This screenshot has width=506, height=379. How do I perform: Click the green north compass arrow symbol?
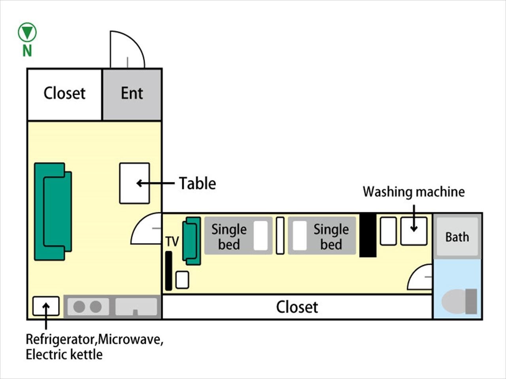click(x=27, y=32)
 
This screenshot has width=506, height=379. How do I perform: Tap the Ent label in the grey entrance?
click(x=132, y=93)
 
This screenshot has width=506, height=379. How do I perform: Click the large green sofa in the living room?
click(x=53, y=212)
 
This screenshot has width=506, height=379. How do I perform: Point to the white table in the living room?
click(x=135, y=183)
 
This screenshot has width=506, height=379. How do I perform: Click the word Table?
click(x=198, y=184)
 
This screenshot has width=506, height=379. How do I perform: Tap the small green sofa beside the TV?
click(x=192, y=241)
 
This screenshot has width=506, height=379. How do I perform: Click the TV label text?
click(x=172, y=242)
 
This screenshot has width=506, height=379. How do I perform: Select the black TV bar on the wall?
click(x=169, y=271)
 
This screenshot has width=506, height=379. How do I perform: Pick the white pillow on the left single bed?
click(x=261, y=236)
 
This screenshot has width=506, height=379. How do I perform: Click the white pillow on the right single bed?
click(x=300, y=236)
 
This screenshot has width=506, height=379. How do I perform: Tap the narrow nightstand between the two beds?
click(x=280, y=236)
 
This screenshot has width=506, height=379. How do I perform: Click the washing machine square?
click(x=414, y=231)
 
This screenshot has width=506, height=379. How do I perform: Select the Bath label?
click(x=457, y=237)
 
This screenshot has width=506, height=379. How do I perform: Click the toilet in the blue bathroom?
click(x=459, y=301)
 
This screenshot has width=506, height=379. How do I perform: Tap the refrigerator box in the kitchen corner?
click(x=46, y=306)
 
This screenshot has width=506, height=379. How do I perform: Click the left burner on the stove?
click(x=79, y=307)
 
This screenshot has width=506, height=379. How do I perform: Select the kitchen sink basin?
click(x=136, y=307)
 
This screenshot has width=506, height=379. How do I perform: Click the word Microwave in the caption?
click(x=130, y=339)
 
